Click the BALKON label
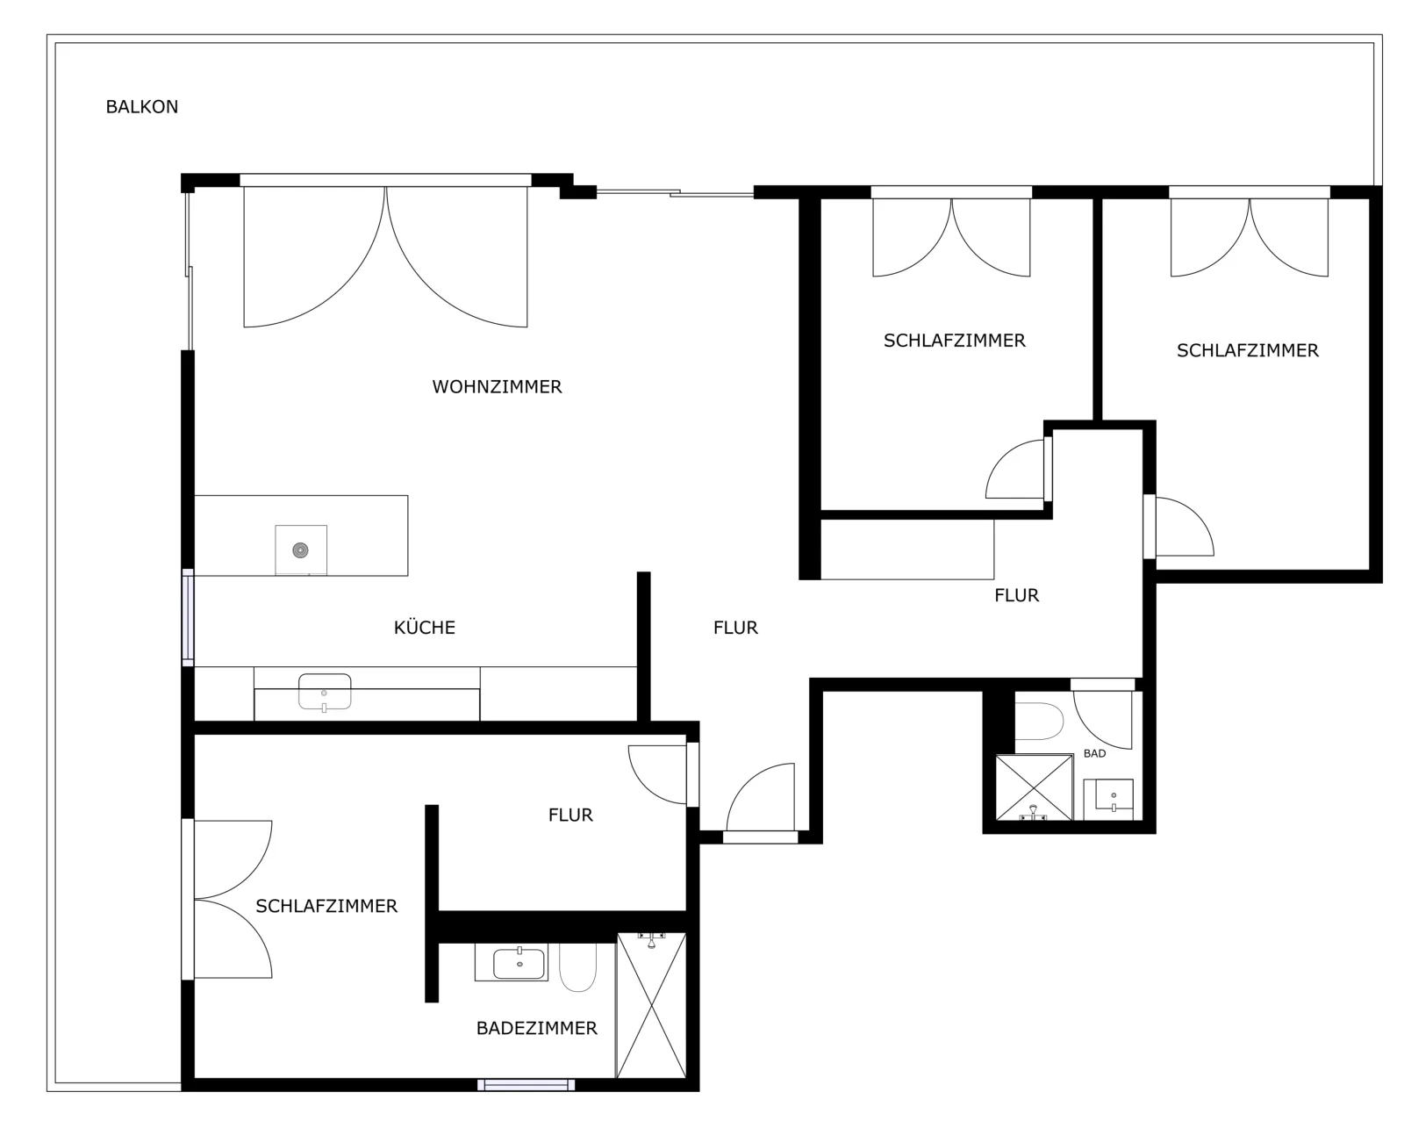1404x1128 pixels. [x=141, y=106]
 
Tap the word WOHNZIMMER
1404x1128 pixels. [x=497, y=386]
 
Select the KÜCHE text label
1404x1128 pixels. [x=424, y=628]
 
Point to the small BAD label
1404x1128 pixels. [x=1094, y=753]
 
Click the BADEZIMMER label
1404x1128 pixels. [x=536, y=1028]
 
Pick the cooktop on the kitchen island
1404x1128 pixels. [x=301, y=550]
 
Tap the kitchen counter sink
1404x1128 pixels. [x=325, y=692]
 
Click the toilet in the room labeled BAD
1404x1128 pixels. [x=1039, y=721]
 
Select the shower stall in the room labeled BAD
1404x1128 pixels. [x=1034, y=787]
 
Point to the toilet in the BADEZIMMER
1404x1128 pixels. [x=578, y=967]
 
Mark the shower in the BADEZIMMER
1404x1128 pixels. [x=651, y=1005]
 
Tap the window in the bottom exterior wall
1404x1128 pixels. [x=526, y=1085]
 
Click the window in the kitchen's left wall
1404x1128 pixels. [x=188, y=617]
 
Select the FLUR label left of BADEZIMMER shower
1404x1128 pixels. [x=570, y=815]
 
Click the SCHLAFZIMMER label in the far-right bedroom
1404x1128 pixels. [x=1248, y=350]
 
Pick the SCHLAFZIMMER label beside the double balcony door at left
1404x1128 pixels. [x=326, y=906]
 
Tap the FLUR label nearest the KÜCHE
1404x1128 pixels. [x=735, y=628]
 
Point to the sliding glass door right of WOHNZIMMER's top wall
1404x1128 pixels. [x=676, y=192]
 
